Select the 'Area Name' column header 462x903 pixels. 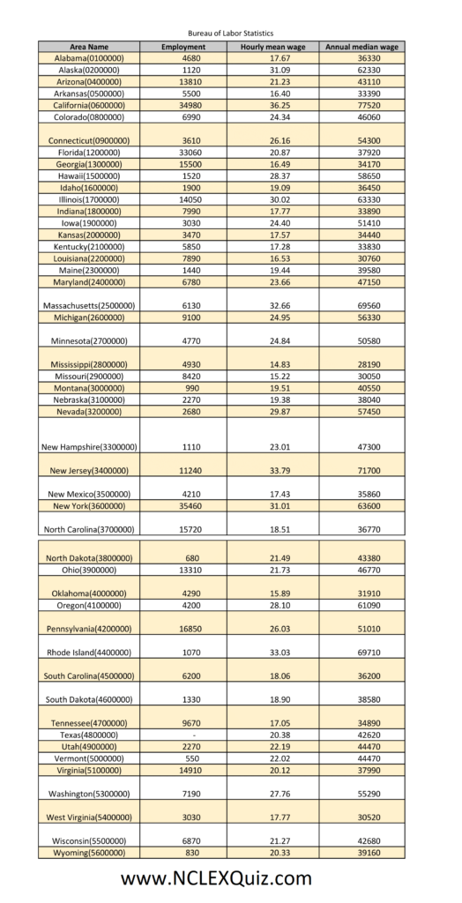[89, 46]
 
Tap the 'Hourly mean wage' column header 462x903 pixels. [272, 46]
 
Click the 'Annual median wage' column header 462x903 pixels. [361, 46]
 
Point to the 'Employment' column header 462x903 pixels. [183, 46]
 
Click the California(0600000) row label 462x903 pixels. [89, 105]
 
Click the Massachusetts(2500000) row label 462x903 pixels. [89, 305]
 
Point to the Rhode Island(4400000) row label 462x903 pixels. [89, 653]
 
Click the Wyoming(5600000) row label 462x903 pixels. [89, 853]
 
